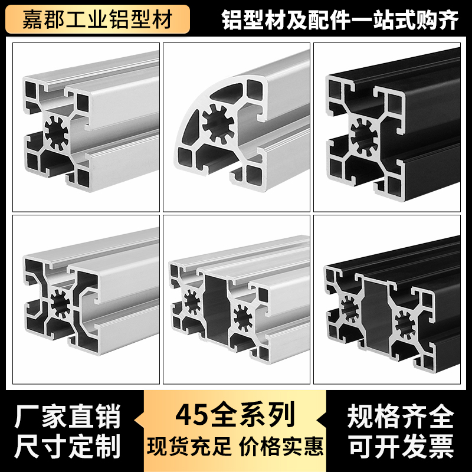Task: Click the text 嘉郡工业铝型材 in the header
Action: pyautogui.click(x=97, y=19)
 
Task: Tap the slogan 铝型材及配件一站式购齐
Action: pyautogui.click(x=339, y=20)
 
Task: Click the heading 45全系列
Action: pyautogui.click(x=235, y=415)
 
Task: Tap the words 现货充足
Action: pyautogui.click(x=189, y=445)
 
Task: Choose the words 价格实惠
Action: pyautogui.click(x=281, y=445)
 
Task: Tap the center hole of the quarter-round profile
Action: pyautogui.click(x=219, y=124)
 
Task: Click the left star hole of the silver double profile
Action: pyautogui.click(x=191, y=301)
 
